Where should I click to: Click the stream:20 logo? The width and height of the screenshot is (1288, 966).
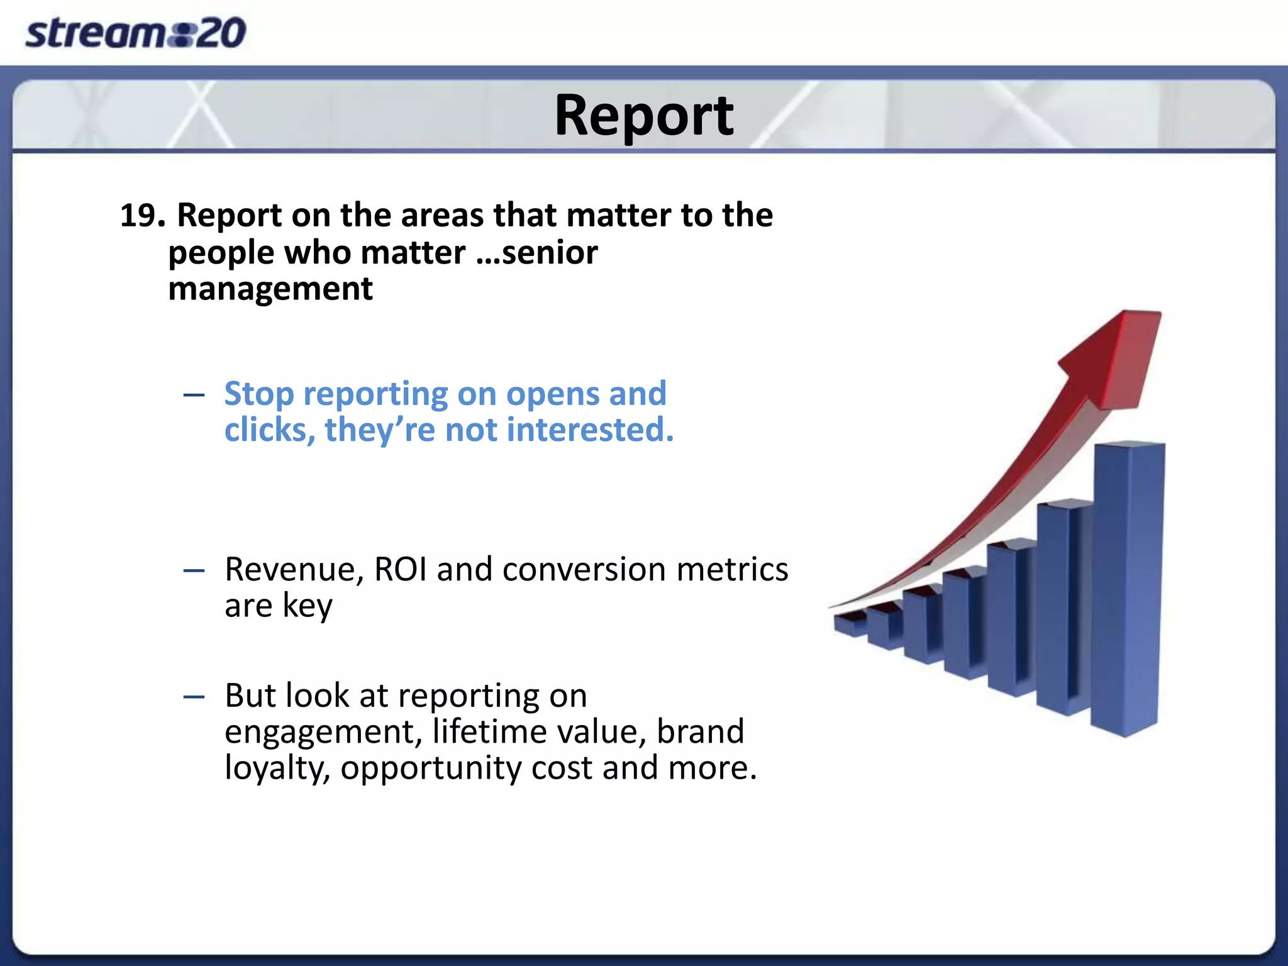pyautogui.click(x=135, y=33)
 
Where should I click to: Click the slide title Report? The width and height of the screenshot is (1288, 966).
pyautogui.click(x=643, y=116)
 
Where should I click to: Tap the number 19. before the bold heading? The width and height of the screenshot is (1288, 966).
pyautogui.click(x=142, y=216)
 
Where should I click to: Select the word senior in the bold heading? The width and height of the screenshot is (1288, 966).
pyautogui.click(x=550, y=253)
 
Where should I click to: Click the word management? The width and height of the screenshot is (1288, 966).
pyautogui.click(x=270, y=290)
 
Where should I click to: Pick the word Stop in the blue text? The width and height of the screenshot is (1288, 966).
pyautogui.click(x=258, y=395)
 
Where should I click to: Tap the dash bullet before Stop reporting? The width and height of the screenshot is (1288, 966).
pyautogui.click(x=194, y=396)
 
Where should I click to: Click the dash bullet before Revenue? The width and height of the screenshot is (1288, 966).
pyautogui.click(x=194, y=571)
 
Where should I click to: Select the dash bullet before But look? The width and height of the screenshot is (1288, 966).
pyautogui.click(x=194, y=697)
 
